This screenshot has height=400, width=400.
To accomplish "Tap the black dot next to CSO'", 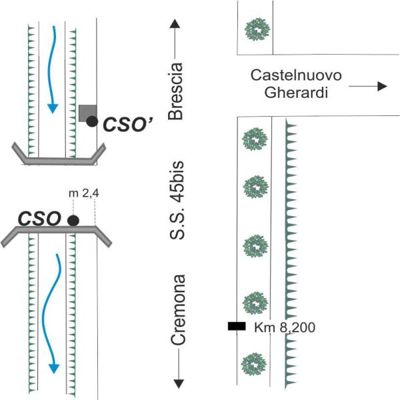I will (92, 121).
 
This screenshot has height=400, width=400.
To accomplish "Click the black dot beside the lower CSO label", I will (73, 219).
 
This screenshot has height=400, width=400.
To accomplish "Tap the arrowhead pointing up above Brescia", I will (176, 25).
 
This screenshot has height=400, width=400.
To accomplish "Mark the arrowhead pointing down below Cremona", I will (177, 383).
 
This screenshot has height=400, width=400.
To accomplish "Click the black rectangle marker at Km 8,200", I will (237, 326).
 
